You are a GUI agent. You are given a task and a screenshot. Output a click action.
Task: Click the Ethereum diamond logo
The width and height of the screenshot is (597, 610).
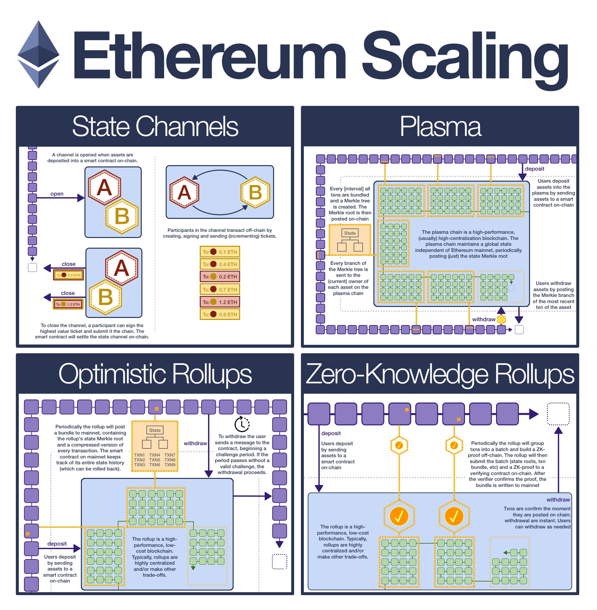pos(39,54)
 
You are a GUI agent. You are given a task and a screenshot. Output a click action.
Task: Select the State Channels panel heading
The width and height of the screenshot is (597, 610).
pos(155,127)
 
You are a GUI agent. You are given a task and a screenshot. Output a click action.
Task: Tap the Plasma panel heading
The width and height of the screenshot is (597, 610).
pos(440,127)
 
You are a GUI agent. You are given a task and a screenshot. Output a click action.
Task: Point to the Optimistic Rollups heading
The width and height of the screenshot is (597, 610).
pos(155,374)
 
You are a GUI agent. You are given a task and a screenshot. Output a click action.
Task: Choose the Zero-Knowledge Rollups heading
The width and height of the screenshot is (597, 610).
pos(440,374)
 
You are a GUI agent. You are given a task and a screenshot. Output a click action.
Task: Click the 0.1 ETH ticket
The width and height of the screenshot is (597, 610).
pos(220,252)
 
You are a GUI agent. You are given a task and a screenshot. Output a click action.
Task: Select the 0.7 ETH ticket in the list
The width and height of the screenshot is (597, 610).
pos(220,289)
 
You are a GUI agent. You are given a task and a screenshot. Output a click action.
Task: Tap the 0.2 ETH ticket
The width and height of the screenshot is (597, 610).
pos(220,277)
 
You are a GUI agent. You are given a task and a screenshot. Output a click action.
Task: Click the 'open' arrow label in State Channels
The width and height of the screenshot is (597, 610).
pos(57,194)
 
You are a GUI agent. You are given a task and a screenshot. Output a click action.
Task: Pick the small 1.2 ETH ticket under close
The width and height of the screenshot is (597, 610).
pos(68,304)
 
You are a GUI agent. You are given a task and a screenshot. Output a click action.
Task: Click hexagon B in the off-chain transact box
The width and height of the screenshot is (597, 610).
pos(255,192)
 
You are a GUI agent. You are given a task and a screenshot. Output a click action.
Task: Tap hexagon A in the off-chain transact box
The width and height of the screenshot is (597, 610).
pos(184,192)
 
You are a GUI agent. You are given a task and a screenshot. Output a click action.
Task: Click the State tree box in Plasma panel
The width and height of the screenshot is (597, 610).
pos(350,240)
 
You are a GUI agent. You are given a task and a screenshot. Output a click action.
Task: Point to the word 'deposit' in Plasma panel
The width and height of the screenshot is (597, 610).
pos(535,169)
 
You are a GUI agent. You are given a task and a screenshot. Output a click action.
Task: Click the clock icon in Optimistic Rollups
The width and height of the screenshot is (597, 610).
pos(242,424)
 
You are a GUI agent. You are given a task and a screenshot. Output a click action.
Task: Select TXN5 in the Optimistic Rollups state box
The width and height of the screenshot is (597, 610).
pos(155,460)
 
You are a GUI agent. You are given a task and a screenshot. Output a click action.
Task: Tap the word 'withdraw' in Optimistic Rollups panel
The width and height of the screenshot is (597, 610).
pos(195,444)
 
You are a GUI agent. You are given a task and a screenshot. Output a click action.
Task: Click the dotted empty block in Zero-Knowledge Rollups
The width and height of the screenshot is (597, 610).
pos(558,414)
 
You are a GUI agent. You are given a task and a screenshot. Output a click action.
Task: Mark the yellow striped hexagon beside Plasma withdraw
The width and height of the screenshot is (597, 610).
pos(501,320)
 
